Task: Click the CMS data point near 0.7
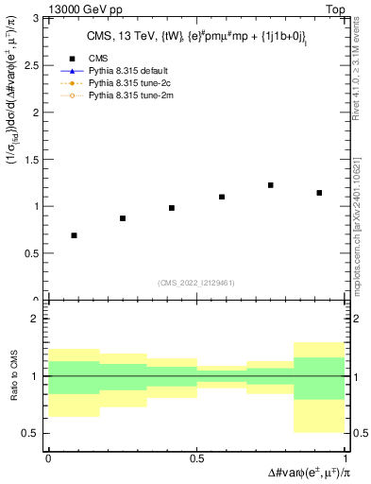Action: [x=74, y=235]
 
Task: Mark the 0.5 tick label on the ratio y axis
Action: [x=34, y=433]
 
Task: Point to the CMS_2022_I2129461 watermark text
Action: [x=196, y=282]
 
